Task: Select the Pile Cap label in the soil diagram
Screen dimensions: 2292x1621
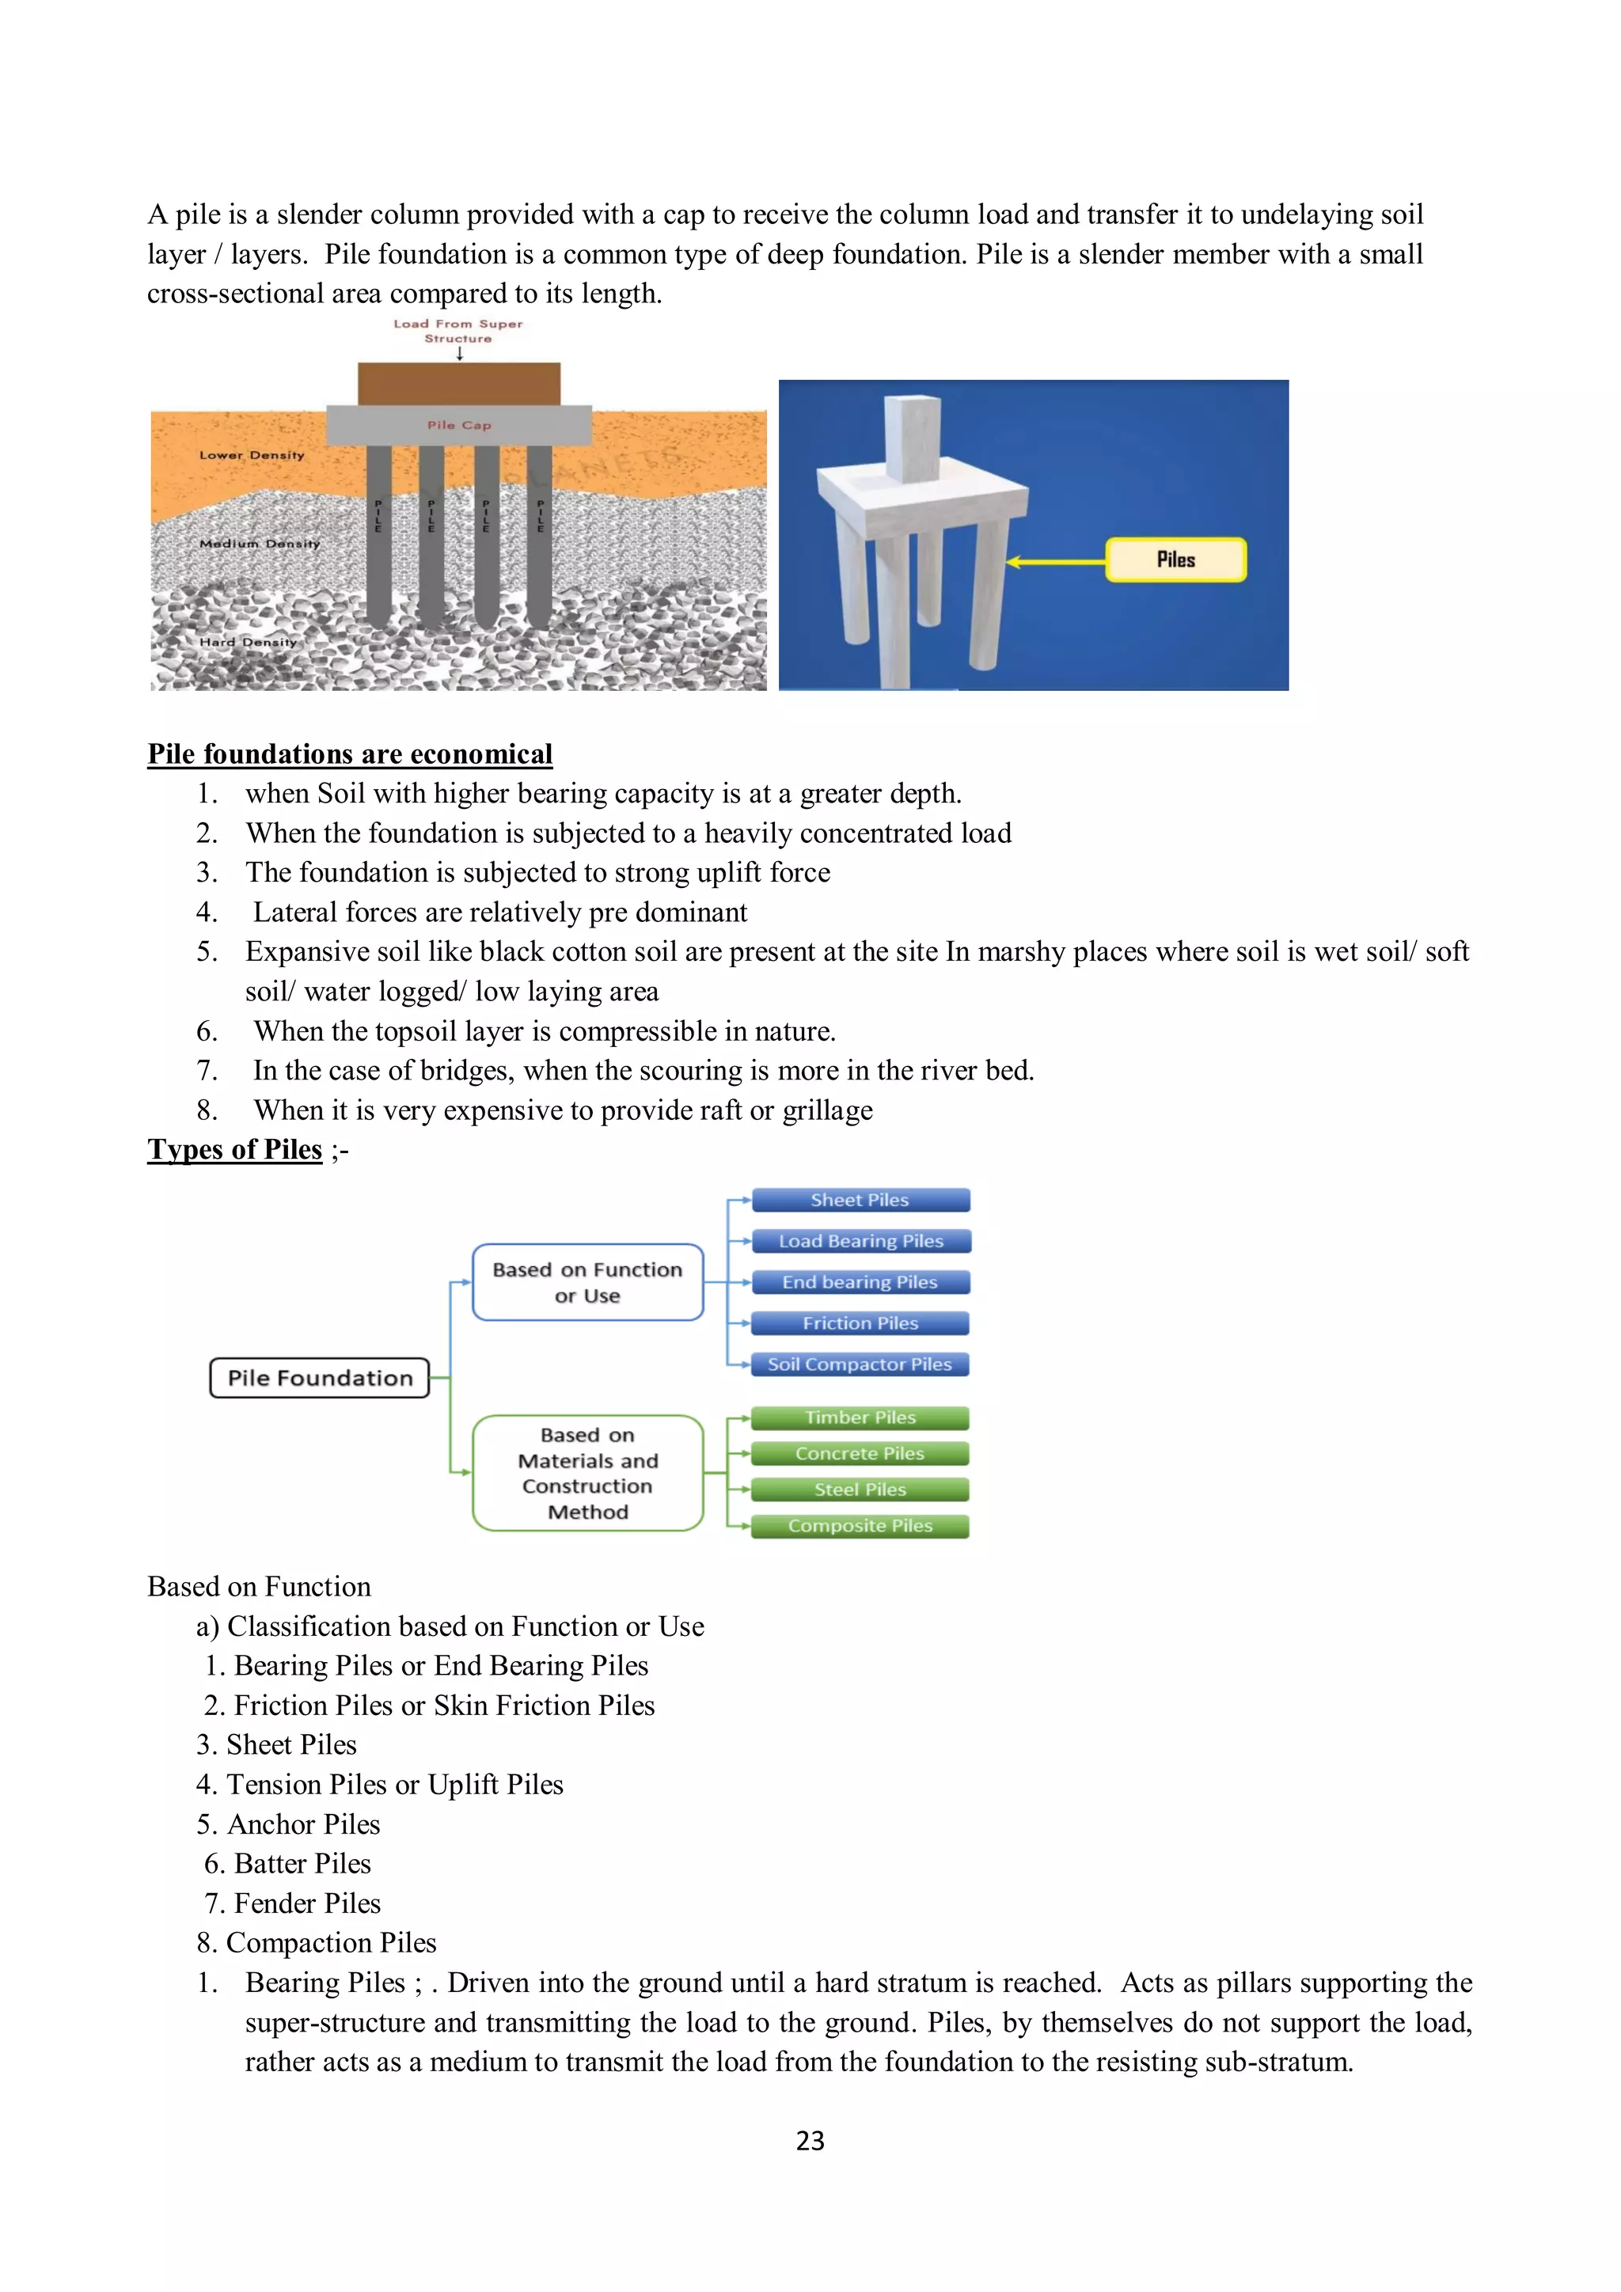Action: [459, 425]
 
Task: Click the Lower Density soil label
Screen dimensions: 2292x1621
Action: [252, 455]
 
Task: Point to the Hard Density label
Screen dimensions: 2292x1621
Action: [248, 642]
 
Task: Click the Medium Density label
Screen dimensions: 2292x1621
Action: [260, 544]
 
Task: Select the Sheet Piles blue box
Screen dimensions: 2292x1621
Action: [860, 1200]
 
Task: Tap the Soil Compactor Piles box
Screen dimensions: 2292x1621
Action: [860, 1364]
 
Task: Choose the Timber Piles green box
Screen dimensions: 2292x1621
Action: [860, 1417]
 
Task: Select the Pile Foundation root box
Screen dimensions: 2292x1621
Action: [320, 1379]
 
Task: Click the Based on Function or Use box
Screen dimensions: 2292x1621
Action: [587, 1283]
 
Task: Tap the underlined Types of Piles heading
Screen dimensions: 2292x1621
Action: [234, 1150]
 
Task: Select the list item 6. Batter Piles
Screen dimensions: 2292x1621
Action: [287, 1864]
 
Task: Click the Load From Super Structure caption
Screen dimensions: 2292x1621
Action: [458, 330]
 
